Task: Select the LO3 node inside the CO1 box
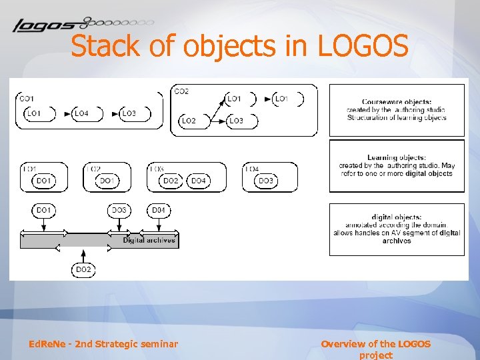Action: point(129,113)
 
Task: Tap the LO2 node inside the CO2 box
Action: point(189,121)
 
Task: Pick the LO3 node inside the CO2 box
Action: point(236,121)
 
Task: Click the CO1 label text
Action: point(27,99)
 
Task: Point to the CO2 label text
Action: point(181,91)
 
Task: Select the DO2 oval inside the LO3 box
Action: point(171,181)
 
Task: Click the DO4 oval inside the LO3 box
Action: point(199,181)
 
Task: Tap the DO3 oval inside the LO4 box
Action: point(265,181)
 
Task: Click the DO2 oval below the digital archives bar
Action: point(83,269)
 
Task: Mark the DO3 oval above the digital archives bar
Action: point(119,211)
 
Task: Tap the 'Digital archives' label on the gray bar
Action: point(149,240)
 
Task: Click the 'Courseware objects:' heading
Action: point(397,102)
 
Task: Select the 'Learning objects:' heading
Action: point(397,157)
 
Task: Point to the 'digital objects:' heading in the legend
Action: point(397,217)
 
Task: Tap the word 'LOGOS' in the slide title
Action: point(363,47)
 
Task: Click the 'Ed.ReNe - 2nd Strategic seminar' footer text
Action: point(103,344)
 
